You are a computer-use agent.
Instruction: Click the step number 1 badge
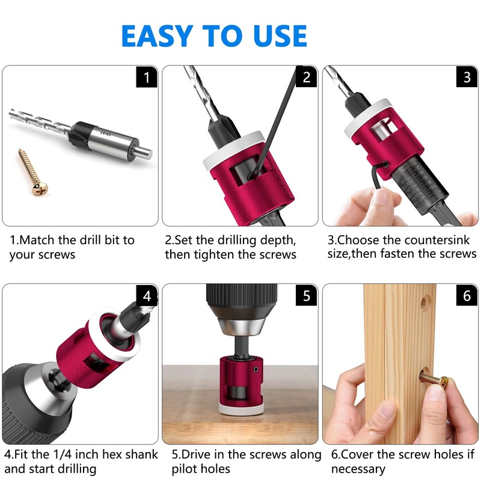146,77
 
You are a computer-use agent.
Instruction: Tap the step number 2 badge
306,77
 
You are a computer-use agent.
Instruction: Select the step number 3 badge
467,77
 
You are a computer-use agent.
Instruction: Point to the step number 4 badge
146,296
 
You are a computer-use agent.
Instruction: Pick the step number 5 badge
306,296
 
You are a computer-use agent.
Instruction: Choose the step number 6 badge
467,296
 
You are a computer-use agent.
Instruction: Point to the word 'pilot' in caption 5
187,469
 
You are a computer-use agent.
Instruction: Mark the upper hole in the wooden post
426,300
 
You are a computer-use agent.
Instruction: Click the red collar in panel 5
240,379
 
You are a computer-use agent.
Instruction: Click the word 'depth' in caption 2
277,240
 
